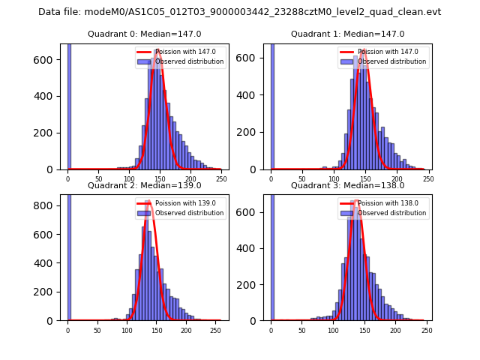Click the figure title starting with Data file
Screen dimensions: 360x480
240,12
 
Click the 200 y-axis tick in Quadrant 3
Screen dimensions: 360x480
250,284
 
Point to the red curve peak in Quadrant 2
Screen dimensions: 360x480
148,202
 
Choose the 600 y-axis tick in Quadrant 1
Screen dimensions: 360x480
250,58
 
